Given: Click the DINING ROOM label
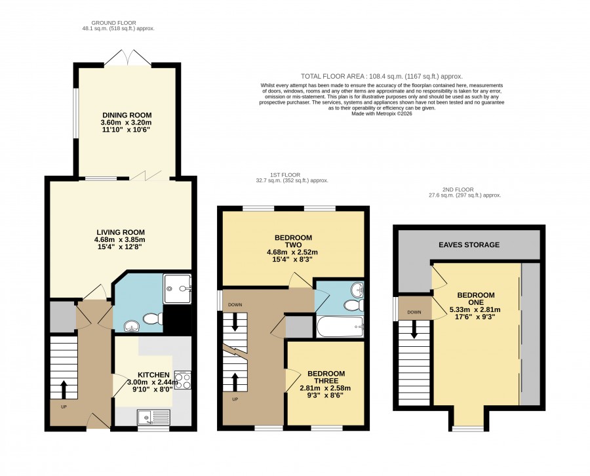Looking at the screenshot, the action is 127,115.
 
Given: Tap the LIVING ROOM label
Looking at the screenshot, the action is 121,232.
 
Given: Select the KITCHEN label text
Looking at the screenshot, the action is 153,375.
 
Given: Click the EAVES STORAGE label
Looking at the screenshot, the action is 469,245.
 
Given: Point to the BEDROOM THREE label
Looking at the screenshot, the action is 326,377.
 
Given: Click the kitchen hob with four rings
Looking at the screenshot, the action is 182,380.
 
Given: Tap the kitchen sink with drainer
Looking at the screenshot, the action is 154,418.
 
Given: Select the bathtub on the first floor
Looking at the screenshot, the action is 340,327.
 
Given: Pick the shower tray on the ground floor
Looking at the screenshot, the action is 177,288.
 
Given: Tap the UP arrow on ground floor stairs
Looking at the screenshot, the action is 63,389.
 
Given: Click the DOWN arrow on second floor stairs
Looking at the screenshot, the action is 414,329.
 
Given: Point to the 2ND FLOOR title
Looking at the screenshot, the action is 458,189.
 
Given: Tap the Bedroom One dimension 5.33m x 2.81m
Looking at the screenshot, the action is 475,309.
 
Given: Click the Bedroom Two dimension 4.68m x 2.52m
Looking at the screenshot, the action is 292,252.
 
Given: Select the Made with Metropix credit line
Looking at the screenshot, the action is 382,113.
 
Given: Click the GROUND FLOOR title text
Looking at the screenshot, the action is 113,23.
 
